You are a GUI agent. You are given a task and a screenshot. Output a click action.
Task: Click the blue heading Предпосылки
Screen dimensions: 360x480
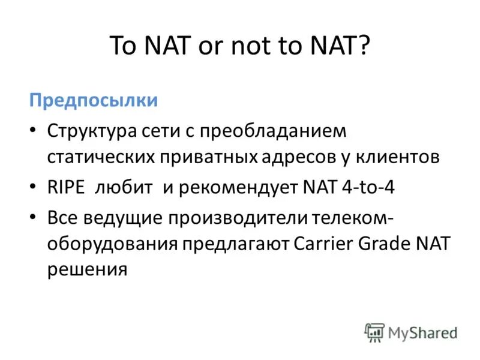coord(94,100)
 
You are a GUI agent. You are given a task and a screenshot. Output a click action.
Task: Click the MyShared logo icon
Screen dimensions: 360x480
coord(374,332)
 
